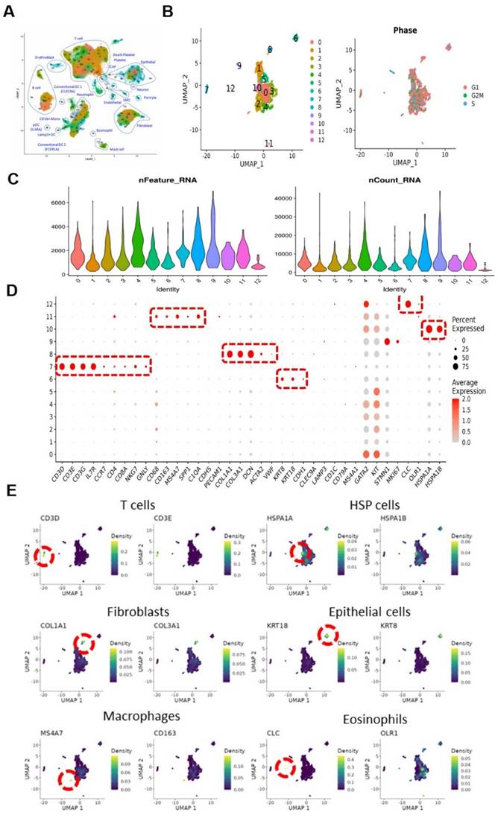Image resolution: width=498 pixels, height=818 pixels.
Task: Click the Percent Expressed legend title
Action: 469,323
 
